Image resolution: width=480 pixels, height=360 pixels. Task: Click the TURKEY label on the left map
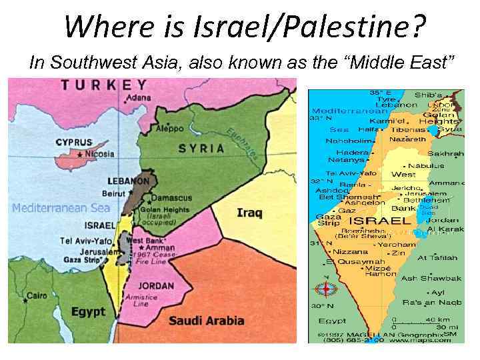point(104,85)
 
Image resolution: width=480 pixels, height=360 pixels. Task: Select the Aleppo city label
point(167,127)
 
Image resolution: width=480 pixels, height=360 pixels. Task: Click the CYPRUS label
point(73,142)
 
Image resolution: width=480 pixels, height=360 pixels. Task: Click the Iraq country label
point(249,213)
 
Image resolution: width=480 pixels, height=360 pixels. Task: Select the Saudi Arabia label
point(206,321)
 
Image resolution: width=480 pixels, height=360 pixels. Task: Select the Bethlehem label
point(427,200)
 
